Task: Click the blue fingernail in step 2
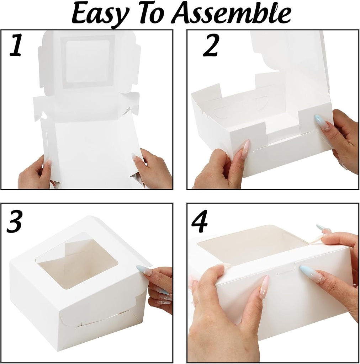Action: coord(322,122)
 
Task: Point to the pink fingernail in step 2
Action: coord(245,149)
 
